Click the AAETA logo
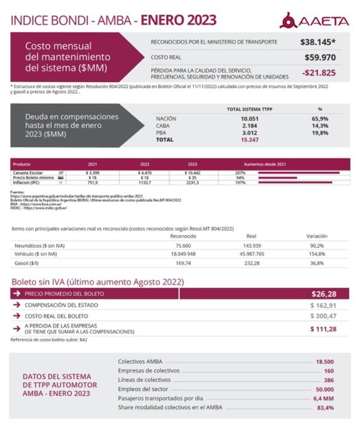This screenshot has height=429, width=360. coord(314,21)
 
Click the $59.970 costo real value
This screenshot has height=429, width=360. coord(319,57)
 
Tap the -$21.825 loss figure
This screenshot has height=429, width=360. coord(318,72)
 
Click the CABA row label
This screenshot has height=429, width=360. coord(163,125)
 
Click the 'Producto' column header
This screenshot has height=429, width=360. coord(22,164)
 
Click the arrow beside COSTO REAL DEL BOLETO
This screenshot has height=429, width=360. coord(17,316)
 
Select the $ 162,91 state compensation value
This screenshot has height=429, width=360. coord(323,305)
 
